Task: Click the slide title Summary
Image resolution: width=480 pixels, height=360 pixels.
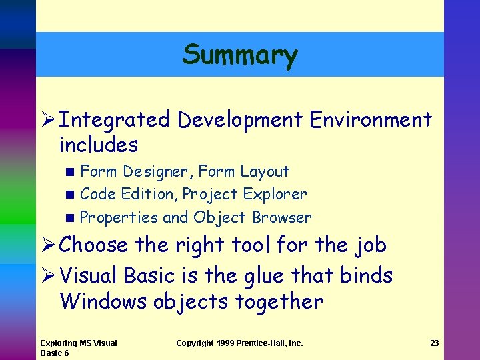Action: pos(240,55)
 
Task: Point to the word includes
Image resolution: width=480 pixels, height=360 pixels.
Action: pos(99,145)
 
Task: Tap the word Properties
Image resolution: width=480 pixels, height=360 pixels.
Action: pos(119,218)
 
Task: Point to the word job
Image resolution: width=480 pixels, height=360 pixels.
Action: pos(370,245)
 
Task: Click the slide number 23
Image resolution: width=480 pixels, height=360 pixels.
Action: pos(434,343)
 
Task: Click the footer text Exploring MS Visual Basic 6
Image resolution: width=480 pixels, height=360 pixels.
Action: pos(79,348)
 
